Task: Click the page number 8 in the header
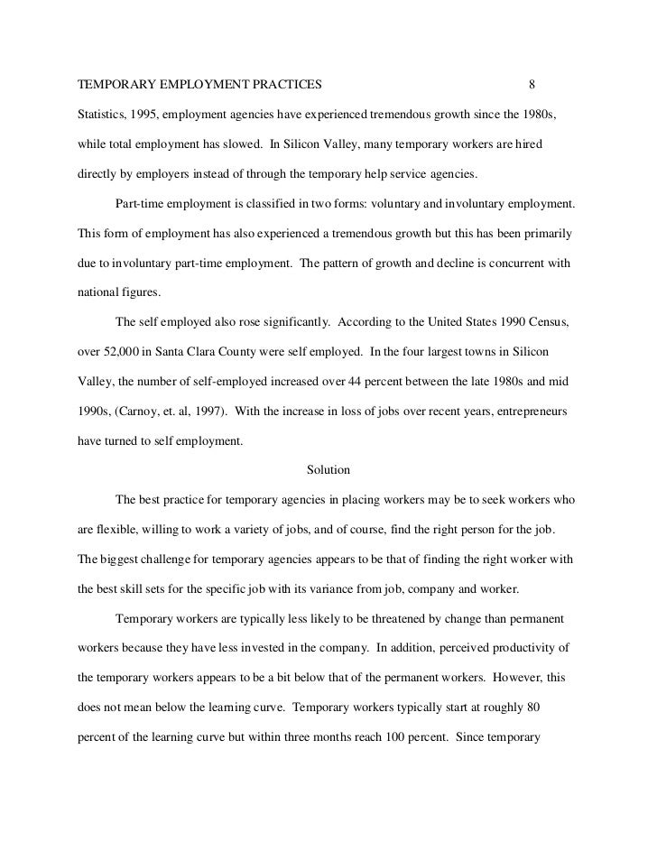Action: (532, 86)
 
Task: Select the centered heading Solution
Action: (328, 470)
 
